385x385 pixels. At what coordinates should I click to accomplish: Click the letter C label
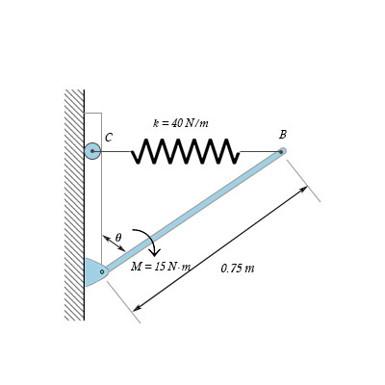coord(109,138)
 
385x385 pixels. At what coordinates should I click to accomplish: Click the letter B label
coord(282,135)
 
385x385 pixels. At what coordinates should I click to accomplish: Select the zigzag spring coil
coord(185,151)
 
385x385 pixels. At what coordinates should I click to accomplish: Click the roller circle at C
coord(92,151)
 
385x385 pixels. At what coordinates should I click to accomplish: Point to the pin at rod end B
coord(282,151)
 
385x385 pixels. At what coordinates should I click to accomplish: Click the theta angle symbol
coord(118,237)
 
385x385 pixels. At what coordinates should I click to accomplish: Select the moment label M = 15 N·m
coord(160,267)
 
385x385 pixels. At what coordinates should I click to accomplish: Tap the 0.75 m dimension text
coord(237,269)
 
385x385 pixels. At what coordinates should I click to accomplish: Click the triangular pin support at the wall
coord(92,272)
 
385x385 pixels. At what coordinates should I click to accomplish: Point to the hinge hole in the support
coord(102,271)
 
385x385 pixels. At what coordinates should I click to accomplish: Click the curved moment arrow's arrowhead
coord(154,251)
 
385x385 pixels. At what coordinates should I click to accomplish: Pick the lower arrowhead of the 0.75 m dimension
coord(137,307)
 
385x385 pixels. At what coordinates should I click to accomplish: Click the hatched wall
coord(74,202)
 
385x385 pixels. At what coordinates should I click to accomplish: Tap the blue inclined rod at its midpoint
coord(192,211)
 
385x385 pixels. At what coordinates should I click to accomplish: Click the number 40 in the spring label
coord(177,123)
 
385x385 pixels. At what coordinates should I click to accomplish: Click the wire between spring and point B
coord(258,151)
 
